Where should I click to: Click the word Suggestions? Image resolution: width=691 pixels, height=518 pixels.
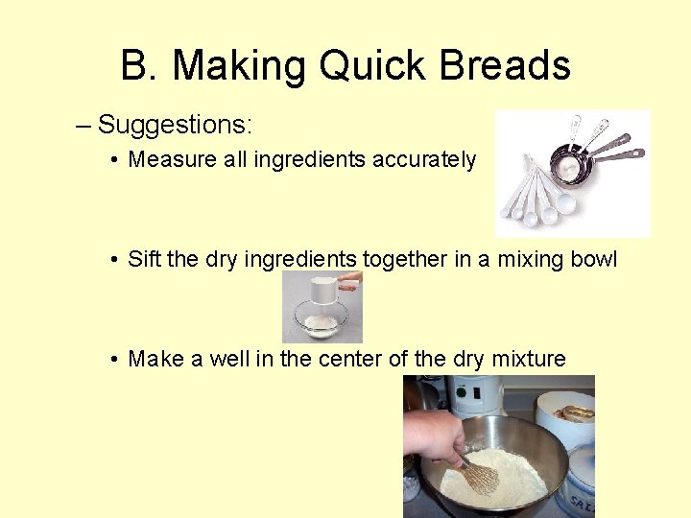pos(175,125)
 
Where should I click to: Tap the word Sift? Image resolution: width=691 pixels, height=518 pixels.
pos(144,260)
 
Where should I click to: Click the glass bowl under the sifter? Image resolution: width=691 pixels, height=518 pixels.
pos(322,324)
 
